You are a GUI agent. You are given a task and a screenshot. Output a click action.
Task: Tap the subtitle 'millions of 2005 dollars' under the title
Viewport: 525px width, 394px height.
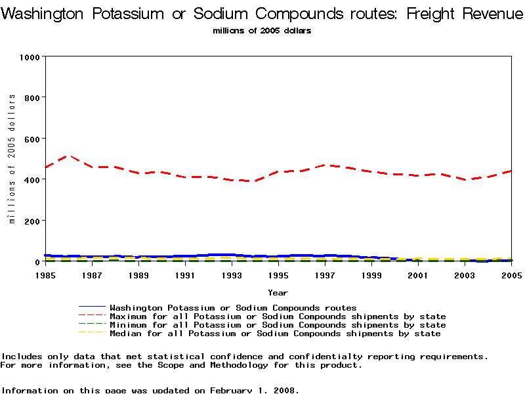pos(262,31)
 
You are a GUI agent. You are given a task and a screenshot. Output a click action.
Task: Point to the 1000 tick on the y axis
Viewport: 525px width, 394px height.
pos(30,56)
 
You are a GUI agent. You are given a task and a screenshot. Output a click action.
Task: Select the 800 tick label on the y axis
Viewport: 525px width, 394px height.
pos(31,97)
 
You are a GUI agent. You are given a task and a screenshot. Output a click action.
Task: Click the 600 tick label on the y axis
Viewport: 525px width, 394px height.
pos(31,139)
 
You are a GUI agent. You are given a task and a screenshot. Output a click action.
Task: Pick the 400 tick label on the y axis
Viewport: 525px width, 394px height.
pos(31,179)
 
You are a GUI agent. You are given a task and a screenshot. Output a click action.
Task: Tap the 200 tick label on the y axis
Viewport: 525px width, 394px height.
pos(31,221)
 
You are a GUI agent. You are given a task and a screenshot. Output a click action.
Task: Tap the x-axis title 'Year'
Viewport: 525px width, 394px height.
pos(278,292)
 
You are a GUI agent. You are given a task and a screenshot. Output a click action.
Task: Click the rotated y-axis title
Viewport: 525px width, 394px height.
pos(12,158)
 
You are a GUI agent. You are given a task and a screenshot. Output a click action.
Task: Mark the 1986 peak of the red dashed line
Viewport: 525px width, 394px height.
pos(69,156)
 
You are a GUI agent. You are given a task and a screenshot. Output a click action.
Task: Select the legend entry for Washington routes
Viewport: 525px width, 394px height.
pos(233,307)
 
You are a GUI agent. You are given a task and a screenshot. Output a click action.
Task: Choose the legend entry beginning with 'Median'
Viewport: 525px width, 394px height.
pos(275,334)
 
